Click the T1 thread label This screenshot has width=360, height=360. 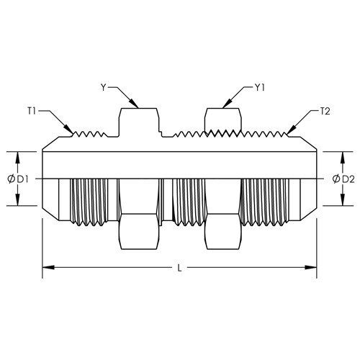coord(31,112)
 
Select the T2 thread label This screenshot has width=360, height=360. coord(325,112)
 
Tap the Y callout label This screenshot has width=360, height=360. coord(103,88)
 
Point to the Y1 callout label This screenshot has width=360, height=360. coord(259,88)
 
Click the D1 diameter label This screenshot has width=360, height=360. coord(22,179)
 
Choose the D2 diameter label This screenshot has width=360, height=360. coord(348,179)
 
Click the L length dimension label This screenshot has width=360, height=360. coord(179,268)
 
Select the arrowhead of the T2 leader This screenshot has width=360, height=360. coord(291,130)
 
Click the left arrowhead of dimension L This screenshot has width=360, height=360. coord(48,267)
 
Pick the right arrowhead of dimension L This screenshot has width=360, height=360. coord(311,267)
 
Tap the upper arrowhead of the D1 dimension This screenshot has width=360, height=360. coord(17,158)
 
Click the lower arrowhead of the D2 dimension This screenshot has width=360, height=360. coord(343,199)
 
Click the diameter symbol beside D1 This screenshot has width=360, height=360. coord(11,179)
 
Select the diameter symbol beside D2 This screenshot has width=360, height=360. coord(336,179)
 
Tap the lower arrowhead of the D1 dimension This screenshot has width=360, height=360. coord(17,199)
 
